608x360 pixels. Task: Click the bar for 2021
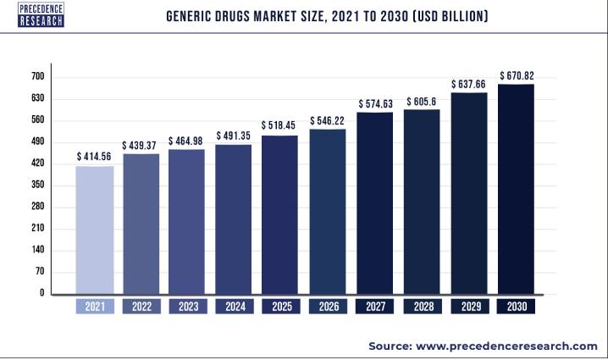click(x=94, y=230)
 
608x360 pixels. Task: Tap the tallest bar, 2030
click(x=515, y=188)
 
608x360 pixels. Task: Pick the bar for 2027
click(x=373, y=202)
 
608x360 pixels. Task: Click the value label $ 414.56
click(x=94, y=157)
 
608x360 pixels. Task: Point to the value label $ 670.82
click(x=516, y=75)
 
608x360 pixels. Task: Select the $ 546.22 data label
click(x=327, y=120)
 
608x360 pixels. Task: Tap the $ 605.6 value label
click(x=421, y=102)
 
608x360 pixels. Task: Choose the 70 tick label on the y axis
click(x=39, y=272)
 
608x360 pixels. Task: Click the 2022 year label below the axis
click(x=141, y=307)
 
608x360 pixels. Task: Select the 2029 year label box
click(x=467, y=307)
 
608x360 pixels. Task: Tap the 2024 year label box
click(x=234, y=307)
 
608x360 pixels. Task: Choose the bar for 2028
click(x=421, y=201)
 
